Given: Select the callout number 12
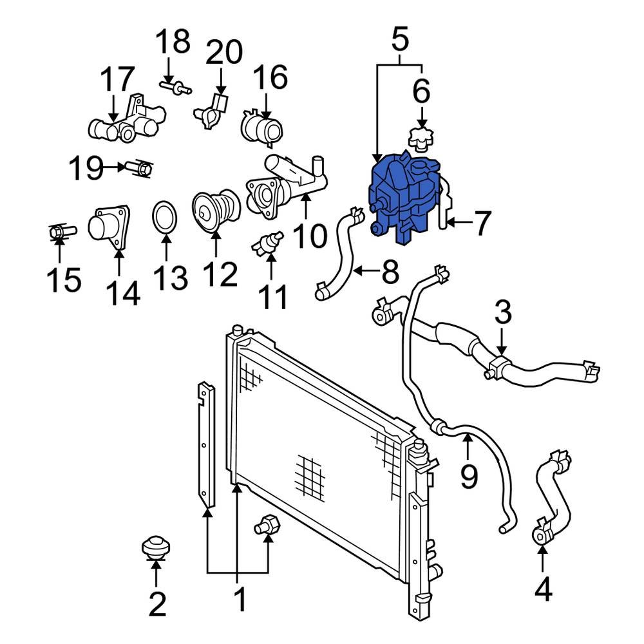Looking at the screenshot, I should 219,276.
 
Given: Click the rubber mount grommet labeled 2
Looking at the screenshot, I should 155,548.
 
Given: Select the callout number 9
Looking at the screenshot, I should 469,476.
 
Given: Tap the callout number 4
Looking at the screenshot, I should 543,590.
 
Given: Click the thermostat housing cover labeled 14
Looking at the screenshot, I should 109,229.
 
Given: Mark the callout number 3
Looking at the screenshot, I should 503,314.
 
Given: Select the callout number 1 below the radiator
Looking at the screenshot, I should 239,600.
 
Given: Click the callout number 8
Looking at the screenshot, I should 390,272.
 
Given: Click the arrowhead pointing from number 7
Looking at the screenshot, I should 449,223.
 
